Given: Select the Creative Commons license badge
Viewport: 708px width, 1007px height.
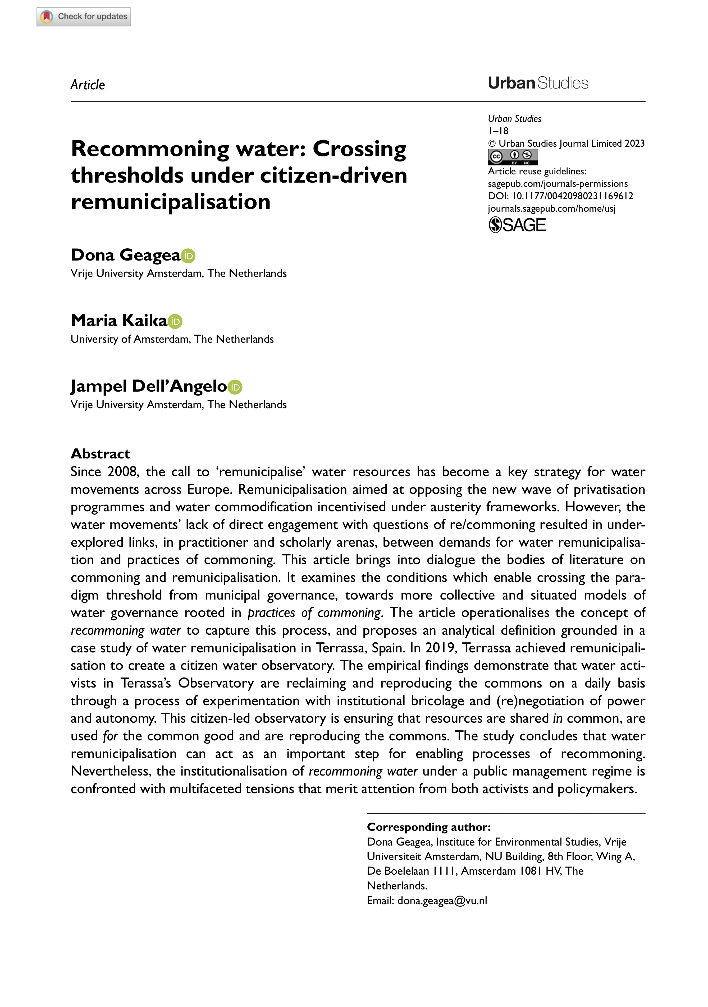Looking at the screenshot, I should coord(512,157).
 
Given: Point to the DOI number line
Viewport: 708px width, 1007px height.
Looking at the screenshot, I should coord(560,196).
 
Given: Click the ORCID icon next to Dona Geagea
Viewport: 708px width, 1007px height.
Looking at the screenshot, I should coord(188,256).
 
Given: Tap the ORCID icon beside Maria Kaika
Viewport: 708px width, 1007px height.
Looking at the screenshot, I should coord(175,322).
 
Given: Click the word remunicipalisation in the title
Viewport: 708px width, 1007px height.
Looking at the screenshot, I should coord(170,202).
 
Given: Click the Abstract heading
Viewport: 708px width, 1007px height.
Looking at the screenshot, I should coord(101,453).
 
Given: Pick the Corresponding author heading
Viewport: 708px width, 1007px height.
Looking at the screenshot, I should coord(428,827).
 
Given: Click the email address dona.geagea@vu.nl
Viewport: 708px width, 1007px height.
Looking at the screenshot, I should coord(442,901).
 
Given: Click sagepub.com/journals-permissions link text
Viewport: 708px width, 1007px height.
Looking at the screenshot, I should coord(558,184).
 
